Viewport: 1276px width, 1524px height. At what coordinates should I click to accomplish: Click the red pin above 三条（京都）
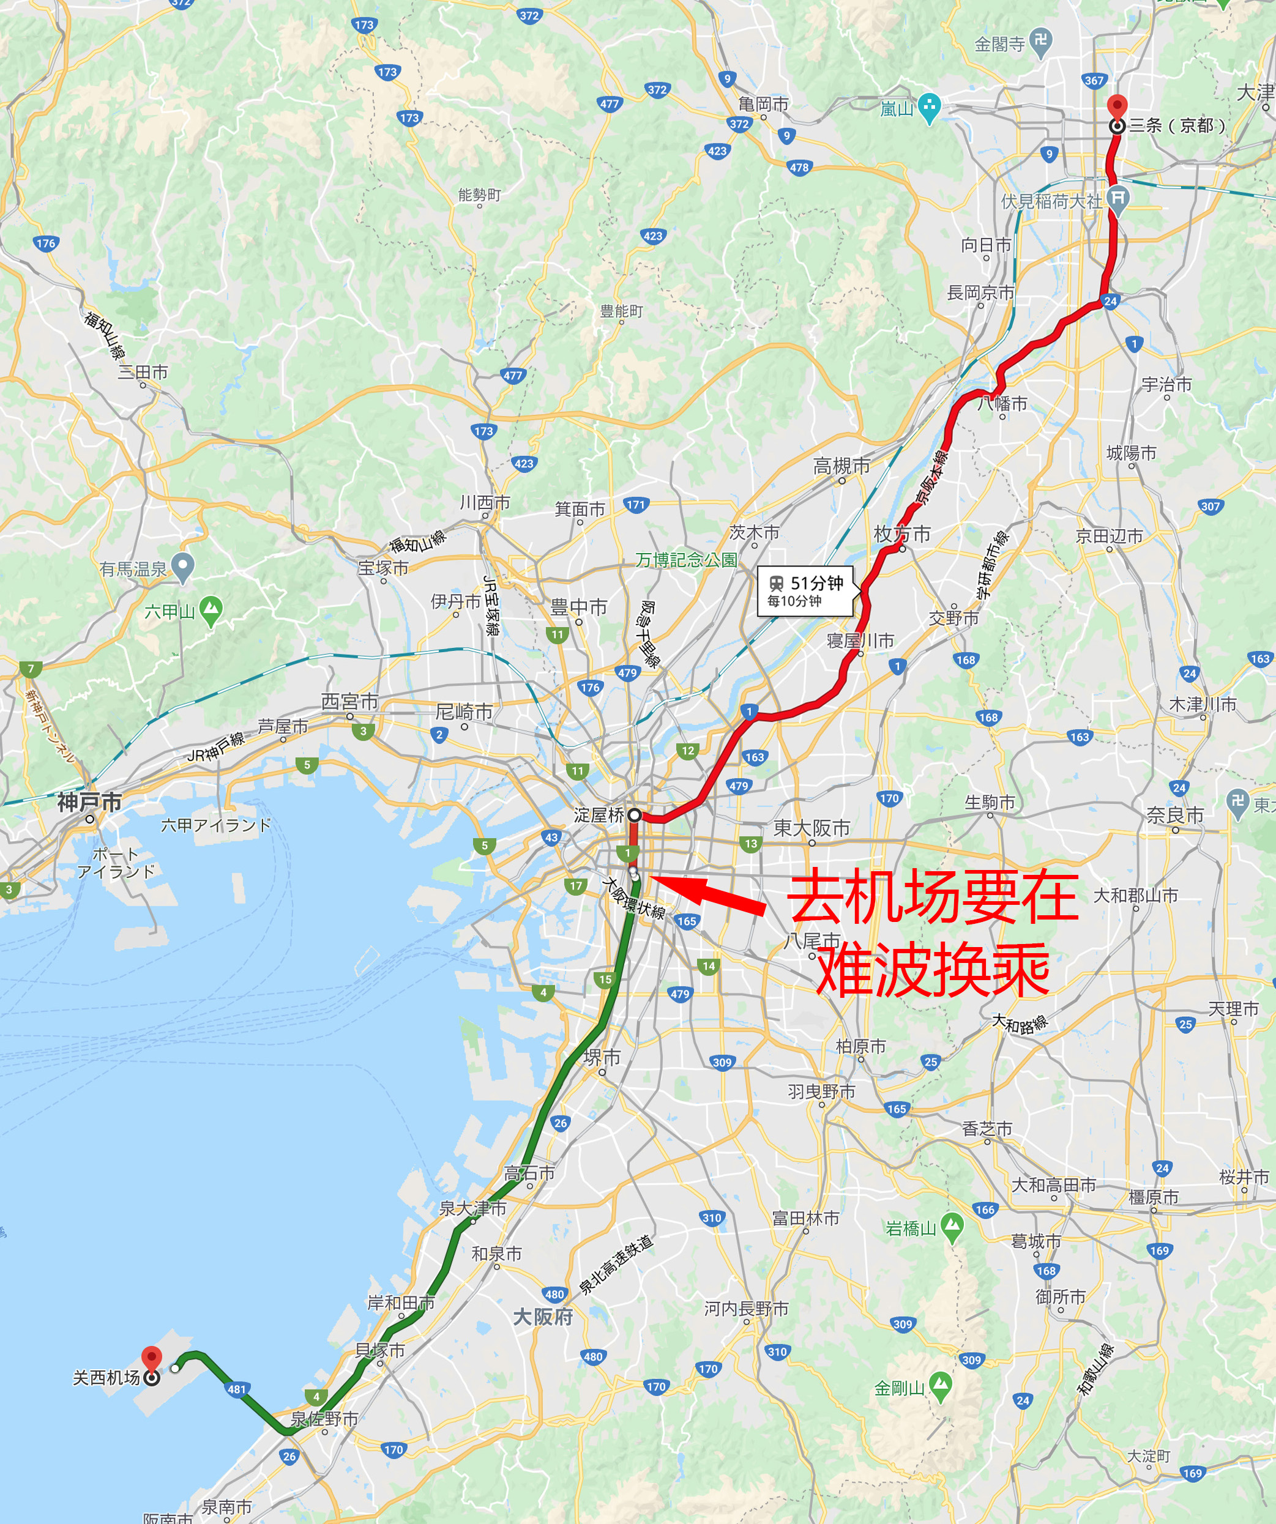[x=1117, y=106]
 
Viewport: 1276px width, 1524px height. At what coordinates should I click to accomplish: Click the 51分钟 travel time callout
[x=805, y=591]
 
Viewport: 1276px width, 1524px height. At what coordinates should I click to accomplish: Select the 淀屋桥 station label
[x=599, y=815]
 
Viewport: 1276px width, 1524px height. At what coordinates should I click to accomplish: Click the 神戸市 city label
[x=89, y=802]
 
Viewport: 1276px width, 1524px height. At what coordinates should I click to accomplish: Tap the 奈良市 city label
[x=1174, y=815]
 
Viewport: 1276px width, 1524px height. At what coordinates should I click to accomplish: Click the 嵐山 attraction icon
[x=929, y=108]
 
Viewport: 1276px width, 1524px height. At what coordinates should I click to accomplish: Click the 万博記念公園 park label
[x=686, y=560]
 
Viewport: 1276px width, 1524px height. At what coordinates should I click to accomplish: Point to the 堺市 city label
[x=602, y=1057]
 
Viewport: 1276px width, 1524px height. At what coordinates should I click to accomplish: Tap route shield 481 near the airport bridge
[x=237, y=1389]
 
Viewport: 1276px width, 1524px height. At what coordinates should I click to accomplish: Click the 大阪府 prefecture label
[x=542, y=1317]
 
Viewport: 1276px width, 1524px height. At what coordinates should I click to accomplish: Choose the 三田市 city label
[x=143, y=373]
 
